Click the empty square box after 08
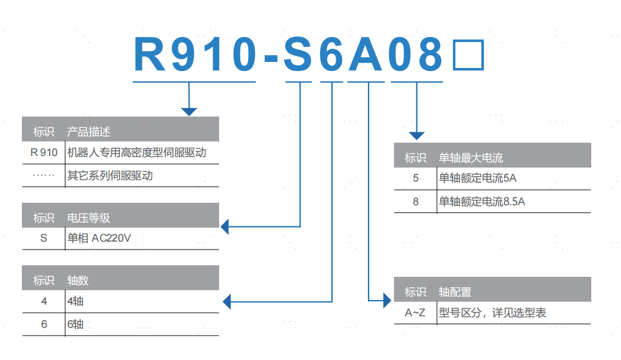(x=469, y=56)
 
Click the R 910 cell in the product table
(x=43, y=152)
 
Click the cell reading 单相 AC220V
(x=98, y=238)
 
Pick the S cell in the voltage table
(x=43, y=238)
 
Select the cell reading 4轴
(x=75, y=301)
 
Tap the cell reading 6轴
(x=75, y=324)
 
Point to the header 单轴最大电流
(x=470, y=158)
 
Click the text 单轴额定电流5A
(x=477, y=178)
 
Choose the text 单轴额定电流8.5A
(x=481, y=202)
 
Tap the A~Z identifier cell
(x=415, y=313)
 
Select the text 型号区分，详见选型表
(x=492, y=313)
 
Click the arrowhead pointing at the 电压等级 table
(x=225, y=226)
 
